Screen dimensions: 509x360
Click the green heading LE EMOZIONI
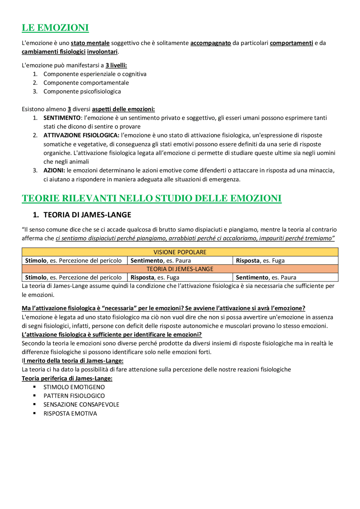tap(55, 28)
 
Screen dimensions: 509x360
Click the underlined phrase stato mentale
tap(90, 43)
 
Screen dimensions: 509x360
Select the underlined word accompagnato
tap(210, 43)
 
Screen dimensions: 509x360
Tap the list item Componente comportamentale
tap(86, 83)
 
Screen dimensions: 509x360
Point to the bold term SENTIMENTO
tap(62, 118)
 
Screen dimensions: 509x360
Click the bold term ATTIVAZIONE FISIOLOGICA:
tap(81, 135)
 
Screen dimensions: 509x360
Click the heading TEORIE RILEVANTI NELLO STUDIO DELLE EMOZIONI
tap(152, 198)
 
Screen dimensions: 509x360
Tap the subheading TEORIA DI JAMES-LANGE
tap(87, 215)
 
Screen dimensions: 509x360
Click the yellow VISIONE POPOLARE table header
tap(180, 252)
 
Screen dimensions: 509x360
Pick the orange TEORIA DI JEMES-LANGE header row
tap(180, 269)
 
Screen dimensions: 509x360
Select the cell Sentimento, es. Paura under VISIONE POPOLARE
tap(161, 261)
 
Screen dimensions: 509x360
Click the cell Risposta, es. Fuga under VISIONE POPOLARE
tap(260, 261)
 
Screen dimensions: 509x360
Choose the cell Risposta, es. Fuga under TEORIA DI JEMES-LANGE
tap(155, 277)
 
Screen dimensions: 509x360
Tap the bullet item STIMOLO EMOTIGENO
tap(74, 387)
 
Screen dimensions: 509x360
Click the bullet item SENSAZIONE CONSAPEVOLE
tap(81, 404)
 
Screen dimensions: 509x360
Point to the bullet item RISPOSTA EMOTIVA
tap(70, 413)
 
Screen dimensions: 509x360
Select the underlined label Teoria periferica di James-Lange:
tap(67, 378)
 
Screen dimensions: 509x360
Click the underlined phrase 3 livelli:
tap(116, 65)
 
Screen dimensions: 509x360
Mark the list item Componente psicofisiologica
tap(82, 92)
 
